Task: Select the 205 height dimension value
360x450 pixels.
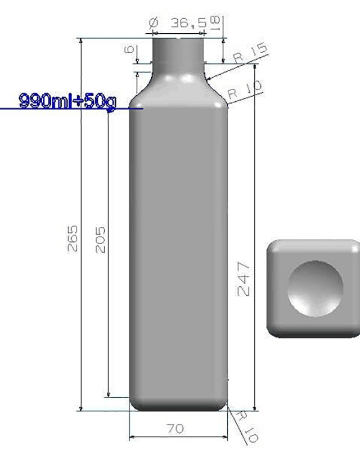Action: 100,240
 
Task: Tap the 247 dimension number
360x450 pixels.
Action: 244,278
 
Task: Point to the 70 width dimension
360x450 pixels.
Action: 175,429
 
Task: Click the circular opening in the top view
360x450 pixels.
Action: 314,288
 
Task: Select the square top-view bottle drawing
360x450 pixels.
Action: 313,289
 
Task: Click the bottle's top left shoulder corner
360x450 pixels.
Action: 135,103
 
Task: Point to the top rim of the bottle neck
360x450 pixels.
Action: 179,38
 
